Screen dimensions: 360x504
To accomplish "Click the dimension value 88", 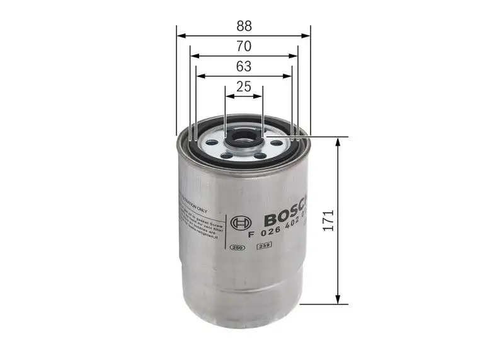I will click(244, 26).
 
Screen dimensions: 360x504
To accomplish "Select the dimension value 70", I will click(244, 46).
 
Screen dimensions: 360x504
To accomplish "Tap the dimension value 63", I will click(244, 66).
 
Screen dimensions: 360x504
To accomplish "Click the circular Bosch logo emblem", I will click(240, 224).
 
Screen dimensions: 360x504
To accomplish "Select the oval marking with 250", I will click(238, 247).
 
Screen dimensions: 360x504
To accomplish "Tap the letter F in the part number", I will click(251, 234).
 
